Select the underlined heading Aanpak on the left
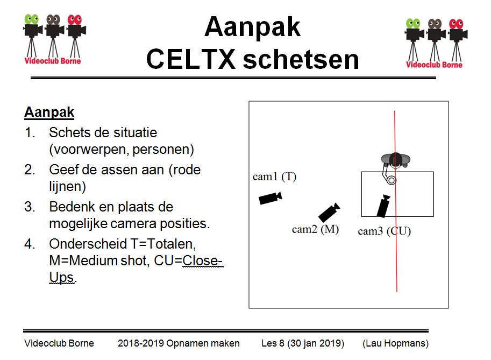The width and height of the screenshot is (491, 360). (49, 113)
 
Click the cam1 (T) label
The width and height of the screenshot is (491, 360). (274, 177)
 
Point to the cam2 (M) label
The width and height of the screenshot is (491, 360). (316, 229)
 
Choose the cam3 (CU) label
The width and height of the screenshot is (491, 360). (384, 231)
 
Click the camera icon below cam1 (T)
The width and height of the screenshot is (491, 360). (270, 197)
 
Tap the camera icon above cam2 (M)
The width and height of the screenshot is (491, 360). (329, 212)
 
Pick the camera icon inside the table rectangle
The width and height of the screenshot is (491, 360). (383, 206)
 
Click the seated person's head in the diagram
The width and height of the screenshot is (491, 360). (396, 159)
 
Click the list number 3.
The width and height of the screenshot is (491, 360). (31, 207)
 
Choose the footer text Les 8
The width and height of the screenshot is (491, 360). (272, 343)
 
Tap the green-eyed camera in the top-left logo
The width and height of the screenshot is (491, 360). (33, 32)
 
